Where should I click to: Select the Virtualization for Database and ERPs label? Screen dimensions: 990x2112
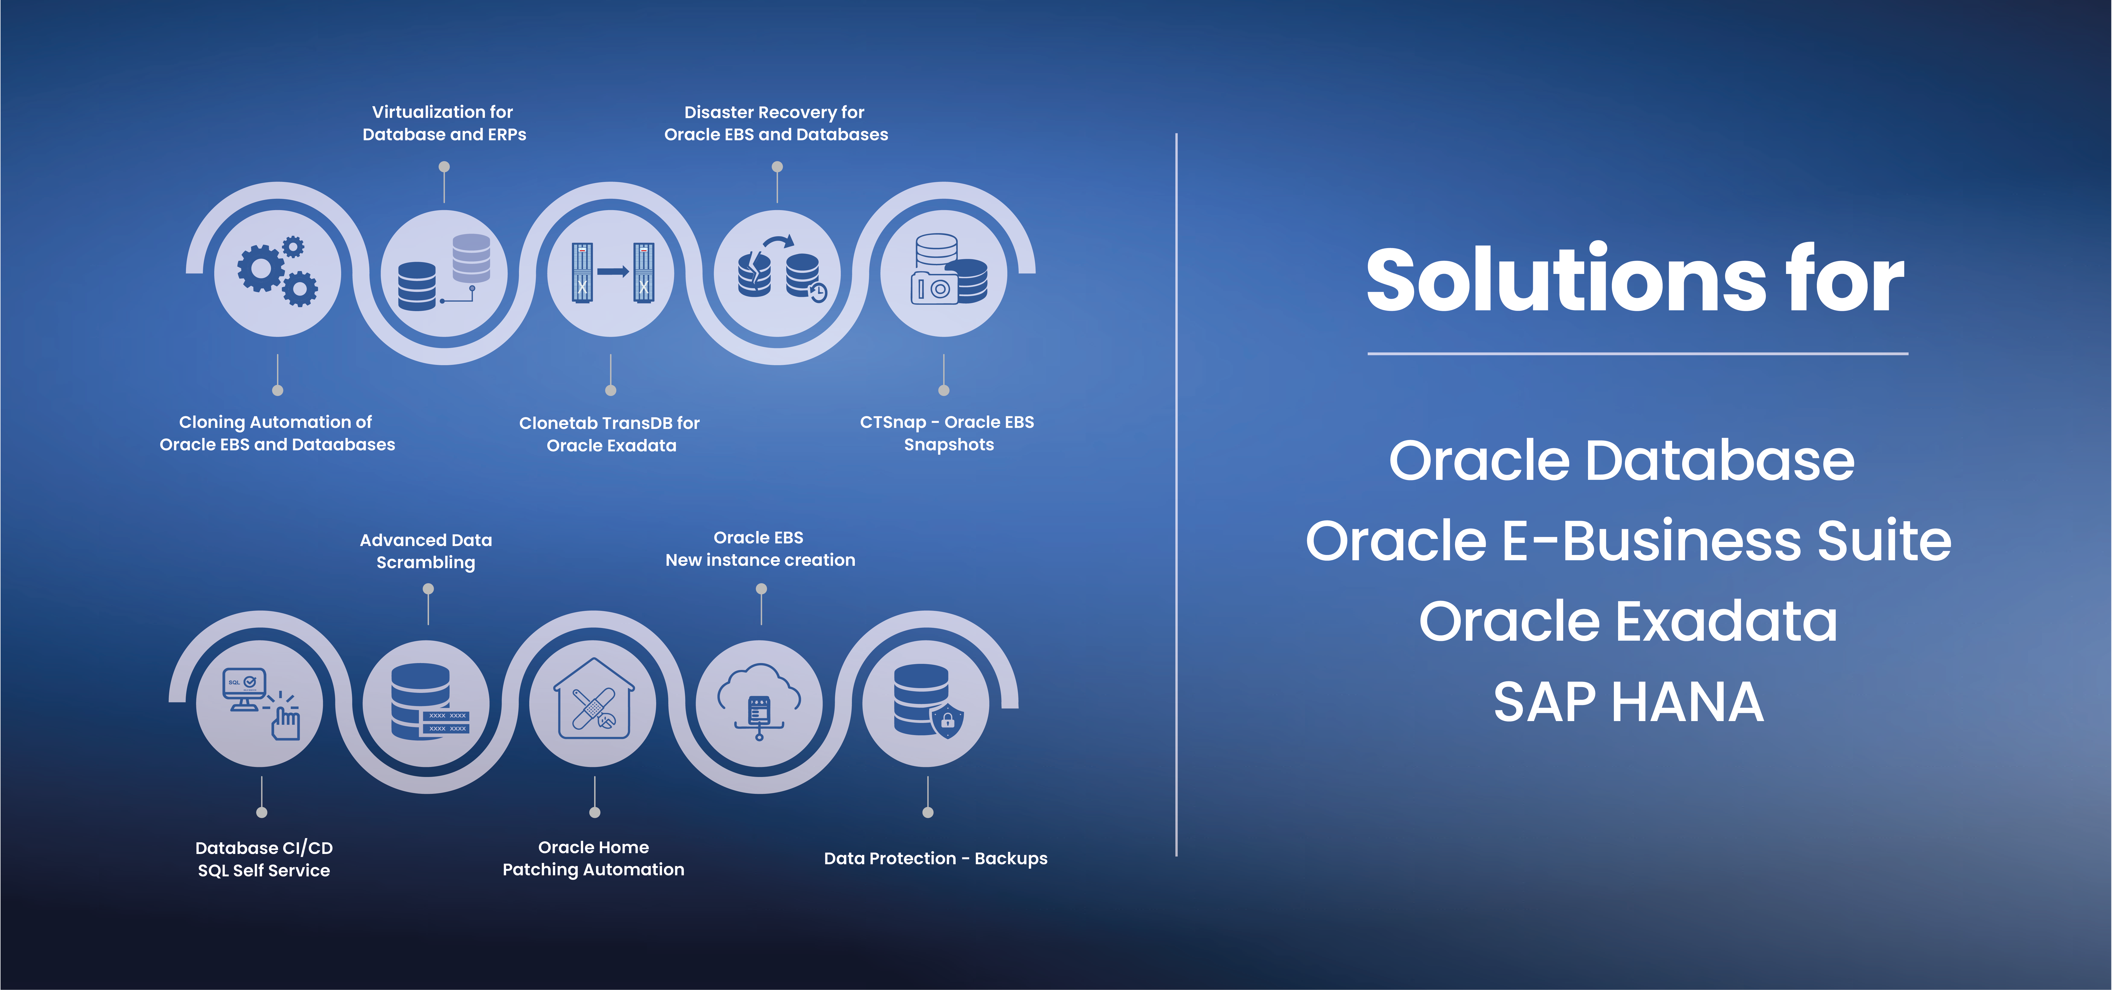coord(444,123)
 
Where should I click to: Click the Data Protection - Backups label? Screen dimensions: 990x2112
coord(936,858)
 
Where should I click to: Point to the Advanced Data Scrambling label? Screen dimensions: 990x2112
coord(426,551)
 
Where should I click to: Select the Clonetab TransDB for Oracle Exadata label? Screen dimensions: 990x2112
coord(610,434)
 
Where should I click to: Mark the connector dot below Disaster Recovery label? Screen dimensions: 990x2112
coord(777,167)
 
